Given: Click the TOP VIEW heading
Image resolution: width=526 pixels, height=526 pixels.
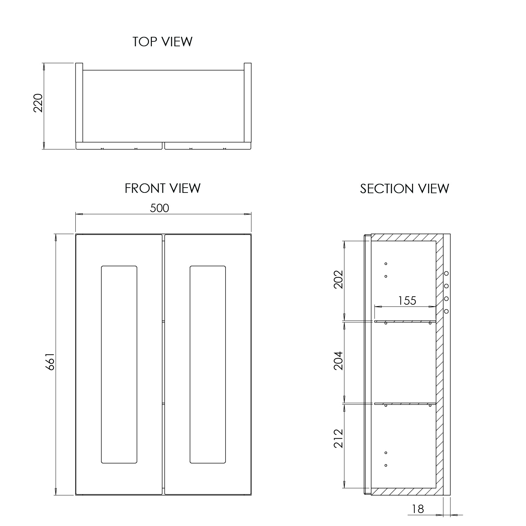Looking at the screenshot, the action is pos(162,42).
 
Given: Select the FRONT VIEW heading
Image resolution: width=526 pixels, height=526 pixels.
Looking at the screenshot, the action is pos(162,188).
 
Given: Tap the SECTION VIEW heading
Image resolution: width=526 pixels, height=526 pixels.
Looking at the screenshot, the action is pos(404,189).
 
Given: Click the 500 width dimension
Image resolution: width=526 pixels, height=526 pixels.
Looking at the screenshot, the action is pos(160,208).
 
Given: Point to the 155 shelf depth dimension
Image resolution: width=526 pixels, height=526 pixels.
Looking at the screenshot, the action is pos(407,301).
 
